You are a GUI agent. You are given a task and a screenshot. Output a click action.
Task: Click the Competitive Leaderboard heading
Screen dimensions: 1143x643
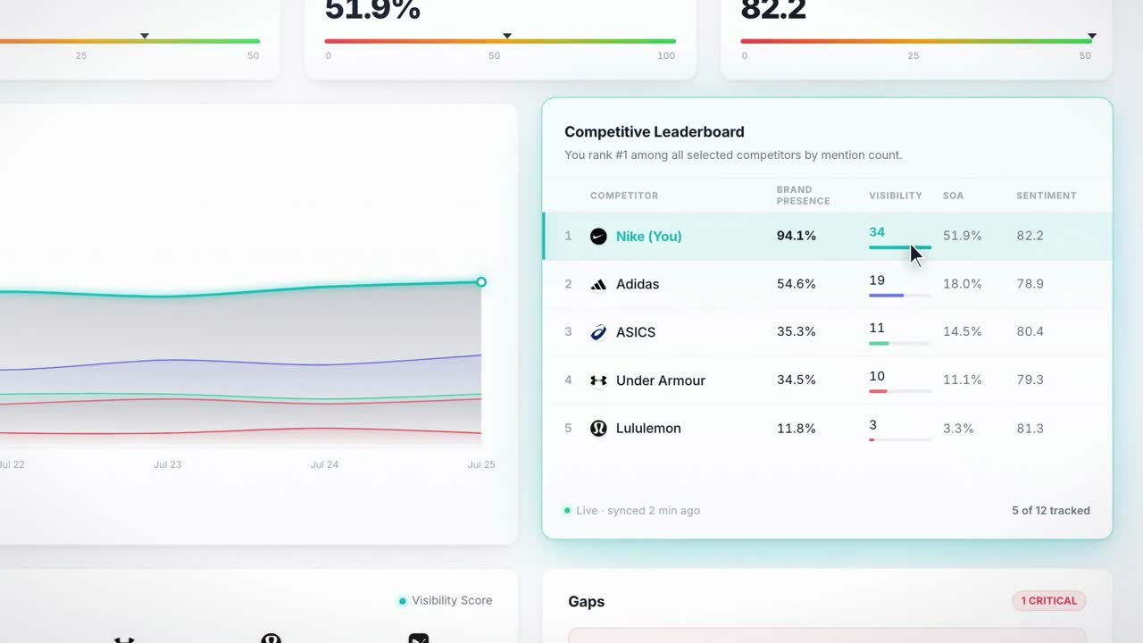(655, 131)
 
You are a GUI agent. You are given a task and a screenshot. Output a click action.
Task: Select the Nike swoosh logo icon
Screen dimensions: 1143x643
(598, 237)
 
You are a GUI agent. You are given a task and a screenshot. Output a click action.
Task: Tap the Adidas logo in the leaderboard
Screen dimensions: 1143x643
(598, 284)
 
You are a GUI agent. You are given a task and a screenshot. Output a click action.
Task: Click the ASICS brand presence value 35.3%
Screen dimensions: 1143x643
(796, 331)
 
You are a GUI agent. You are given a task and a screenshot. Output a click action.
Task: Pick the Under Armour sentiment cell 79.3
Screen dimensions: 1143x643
(1030, 380)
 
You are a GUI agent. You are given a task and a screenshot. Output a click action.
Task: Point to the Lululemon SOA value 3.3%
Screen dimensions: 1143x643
(958, 428)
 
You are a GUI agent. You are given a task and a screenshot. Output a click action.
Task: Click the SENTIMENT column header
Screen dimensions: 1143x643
(1046, 196)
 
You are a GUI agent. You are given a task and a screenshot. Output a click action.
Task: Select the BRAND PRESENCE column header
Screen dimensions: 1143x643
(803, 196)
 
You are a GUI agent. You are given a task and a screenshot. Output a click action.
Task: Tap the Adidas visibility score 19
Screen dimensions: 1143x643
(877, 280)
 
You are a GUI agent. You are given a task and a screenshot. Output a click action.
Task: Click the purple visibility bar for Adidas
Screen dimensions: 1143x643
(887, 296)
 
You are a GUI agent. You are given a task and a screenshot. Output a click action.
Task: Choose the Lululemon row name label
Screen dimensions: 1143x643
(648, 428)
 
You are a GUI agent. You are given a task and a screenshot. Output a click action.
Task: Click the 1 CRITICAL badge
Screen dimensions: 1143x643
(1048, 601)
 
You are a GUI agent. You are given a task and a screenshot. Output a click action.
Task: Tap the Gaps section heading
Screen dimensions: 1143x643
(587, 602)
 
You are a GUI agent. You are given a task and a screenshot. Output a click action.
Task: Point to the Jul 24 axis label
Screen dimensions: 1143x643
(324, 464)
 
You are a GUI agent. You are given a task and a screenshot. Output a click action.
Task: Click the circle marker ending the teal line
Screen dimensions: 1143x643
(481, 282)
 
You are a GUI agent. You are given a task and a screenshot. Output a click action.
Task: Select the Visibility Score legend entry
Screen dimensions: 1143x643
(446, 601)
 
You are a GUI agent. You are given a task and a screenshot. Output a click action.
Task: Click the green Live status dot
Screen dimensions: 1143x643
(567, 510)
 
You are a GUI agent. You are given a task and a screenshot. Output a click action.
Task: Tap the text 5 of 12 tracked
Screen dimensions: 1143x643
(1051, 510)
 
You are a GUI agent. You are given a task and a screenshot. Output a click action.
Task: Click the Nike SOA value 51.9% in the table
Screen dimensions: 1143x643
(962, 236)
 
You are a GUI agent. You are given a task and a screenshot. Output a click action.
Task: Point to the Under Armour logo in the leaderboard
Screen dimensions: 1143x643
(598, 380)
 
